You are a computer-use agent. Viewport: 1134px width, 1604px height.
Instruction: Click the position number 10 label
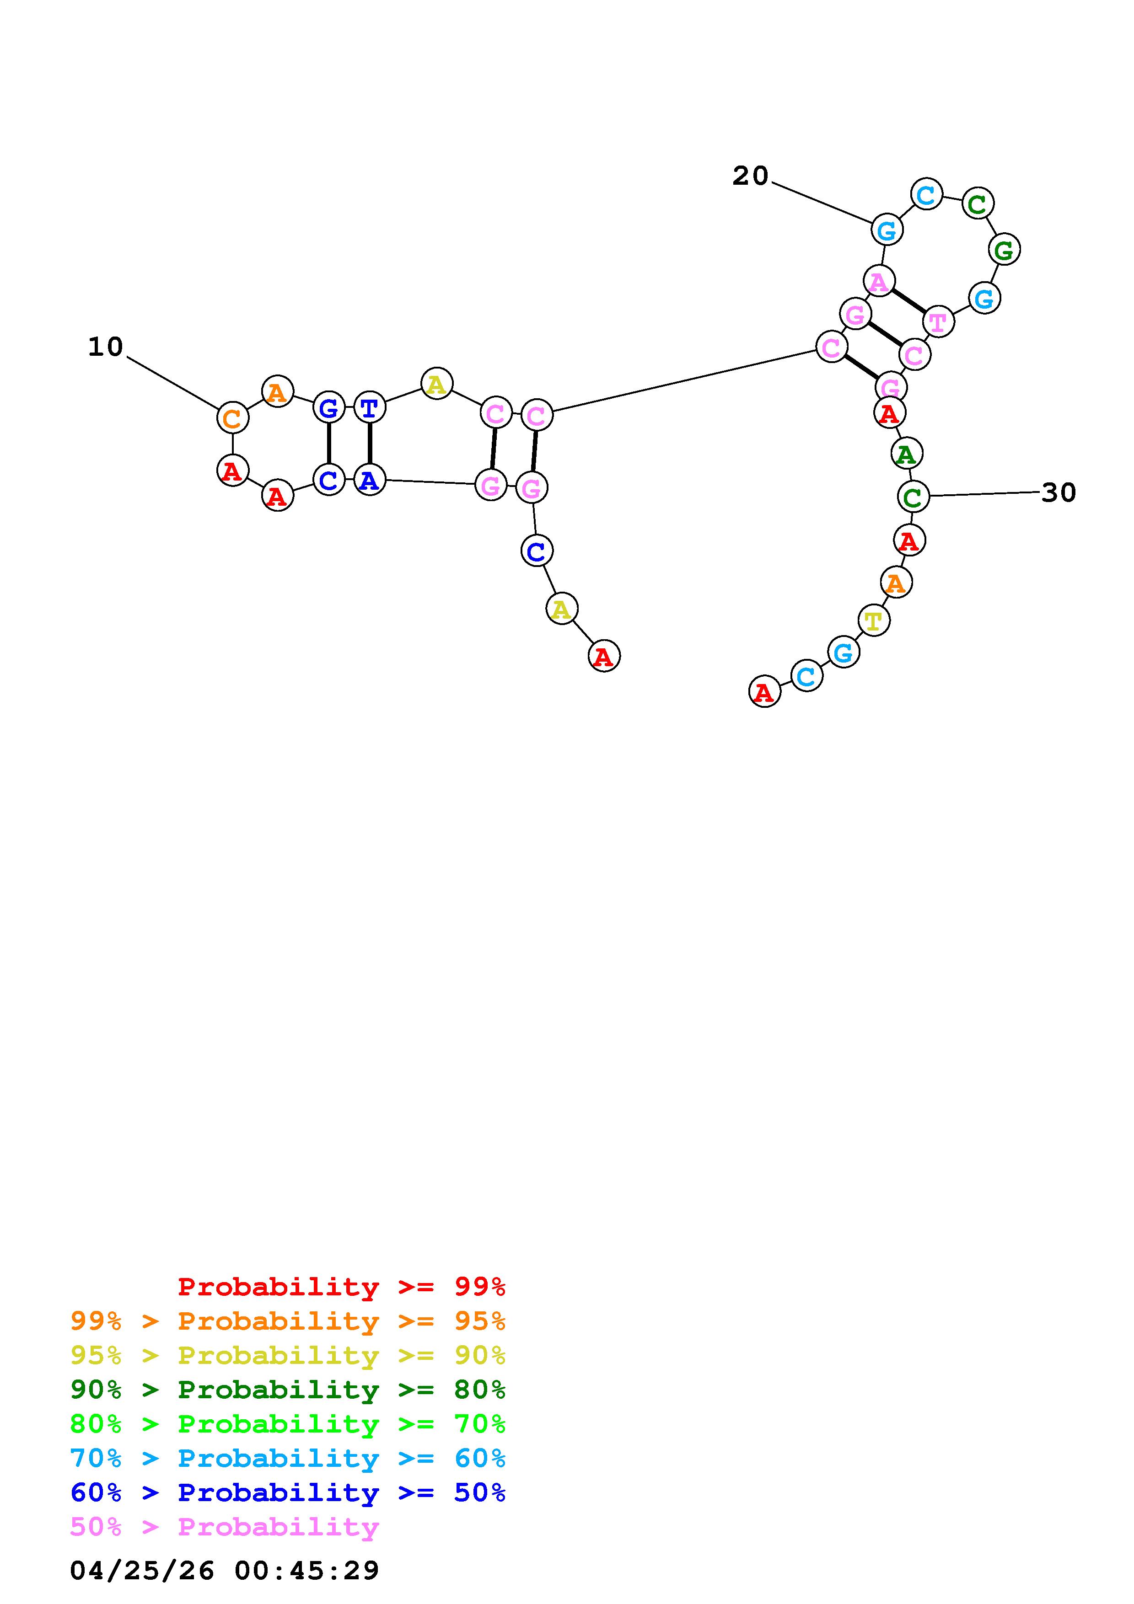click(106, 347)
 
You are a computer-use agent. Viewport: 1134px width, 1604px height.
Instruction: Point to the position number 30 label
click(1058, 492)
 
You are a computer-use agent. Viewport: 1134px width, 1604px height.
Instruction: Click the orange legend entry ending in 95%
click(288, 1321)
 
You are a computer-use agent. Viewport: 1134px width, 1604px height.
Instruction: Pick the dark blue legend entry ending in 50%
click(288, 1492)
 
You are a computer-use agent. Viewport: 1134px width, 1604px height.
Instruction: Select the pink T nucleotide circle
click(938, 322)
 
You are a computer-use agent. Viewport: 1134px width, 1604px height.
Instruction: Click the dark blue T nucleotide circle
click(370, 407)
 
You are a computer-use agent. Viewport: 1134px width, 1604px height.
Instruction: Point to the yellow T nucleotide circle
click(873, 620)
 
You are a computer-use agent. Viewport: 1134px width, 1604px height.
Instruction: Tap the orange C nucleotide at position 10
click(233, 418)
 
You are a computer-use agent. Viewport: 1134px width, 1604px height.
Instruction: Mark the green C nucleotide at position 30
click(913, 497)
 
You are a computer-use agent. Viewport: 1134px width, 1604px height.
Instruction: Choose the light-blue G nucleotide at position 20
click(887, 230)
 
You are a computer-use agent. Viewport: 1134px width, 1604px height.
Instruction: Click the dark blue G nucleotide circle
click(328, 407)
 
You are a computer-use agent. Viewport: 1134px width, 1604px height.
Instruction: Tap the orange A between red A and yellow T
click(896, 582)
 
